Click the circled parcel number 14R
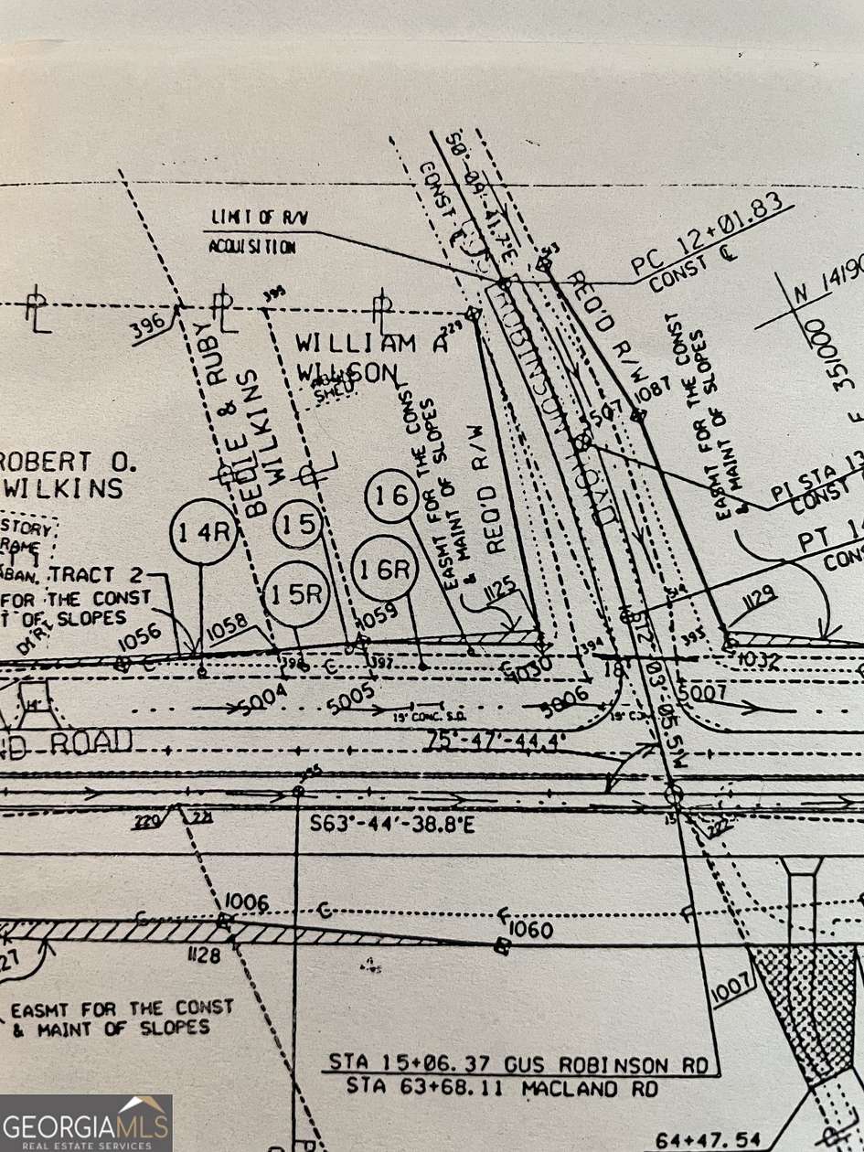coord(203,532)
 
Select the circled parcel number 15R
coord(295,593)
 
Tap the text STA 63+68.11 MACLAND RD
coord(502,1088)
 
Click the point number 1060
coord(532,931)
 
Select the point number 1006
coord(246,903)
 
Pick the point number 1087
coord(653,390)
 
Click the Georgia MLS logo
coord(86,1123)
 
